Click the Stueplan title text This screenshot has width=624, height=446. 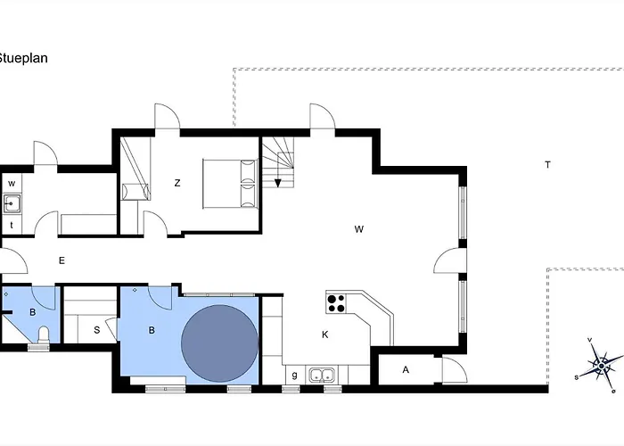tap(22, 58)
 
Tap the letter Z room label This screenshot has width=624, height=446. tap(177, 183)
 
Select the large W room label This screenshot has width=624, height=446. tap(359, 229)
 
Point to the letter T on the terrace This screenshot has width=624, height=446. tap(547, 164)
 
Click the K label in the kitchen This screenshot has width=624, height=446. tap(325, 334)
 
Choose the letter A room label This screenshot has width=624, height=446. tap(406, 370)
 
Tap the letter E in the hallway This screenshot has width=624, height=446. tap(62, 260)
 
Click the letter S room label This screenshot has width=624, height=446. tap(96, 330)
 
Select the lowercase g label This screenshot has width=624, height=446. tap(294, 376)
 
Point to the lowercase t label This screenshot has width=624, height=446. tap(12, 226)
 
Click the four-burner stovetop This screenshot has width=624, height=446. tap(336, 303)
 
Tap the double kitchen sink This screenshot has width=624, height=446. tap(322, 376)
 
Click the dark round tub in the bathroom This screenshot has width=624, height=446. tap(219, 343)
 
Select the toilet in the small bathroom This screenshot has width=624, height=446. tap(43, 334)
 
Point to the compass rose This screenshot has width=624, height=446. tap(601, 365)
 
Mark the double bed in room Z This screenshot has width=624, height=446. tap(230, 183)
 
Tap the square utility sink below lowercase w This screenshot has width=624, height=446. tap(12, 203)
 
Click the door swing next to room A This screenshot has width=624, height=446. tap(455, 370)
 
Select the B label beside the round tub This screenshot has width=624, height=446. tap(152, 330)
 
